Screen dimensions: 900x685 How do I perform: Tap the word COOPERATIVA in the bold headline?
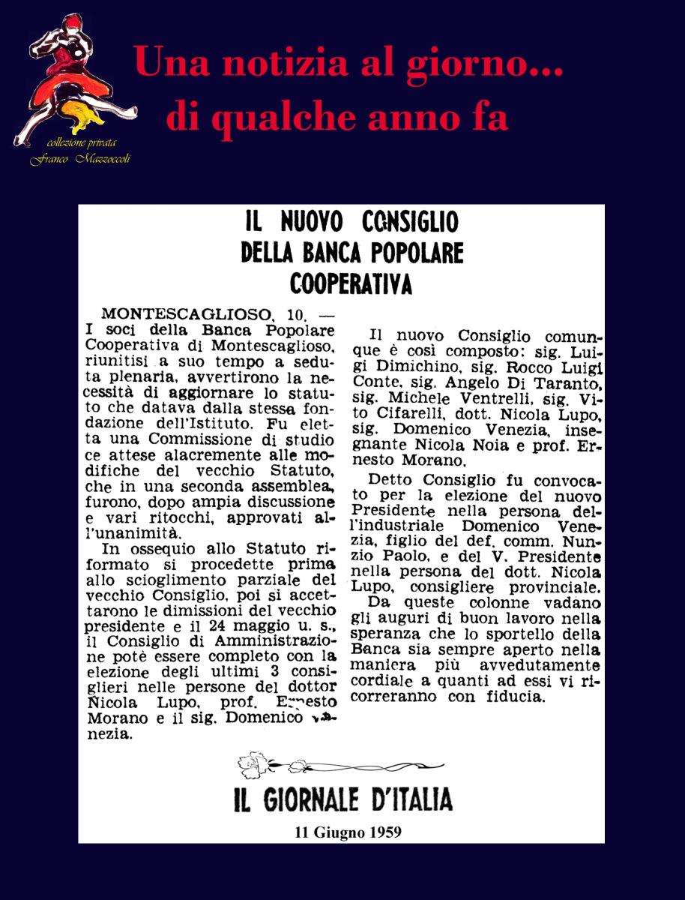tap(351, 284)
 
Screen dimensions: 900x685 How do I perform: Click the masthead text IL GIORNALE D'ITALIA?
tap(342, 799)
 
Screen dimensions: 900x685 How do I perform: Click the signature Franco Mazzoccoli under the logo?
tap(79, 158)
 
